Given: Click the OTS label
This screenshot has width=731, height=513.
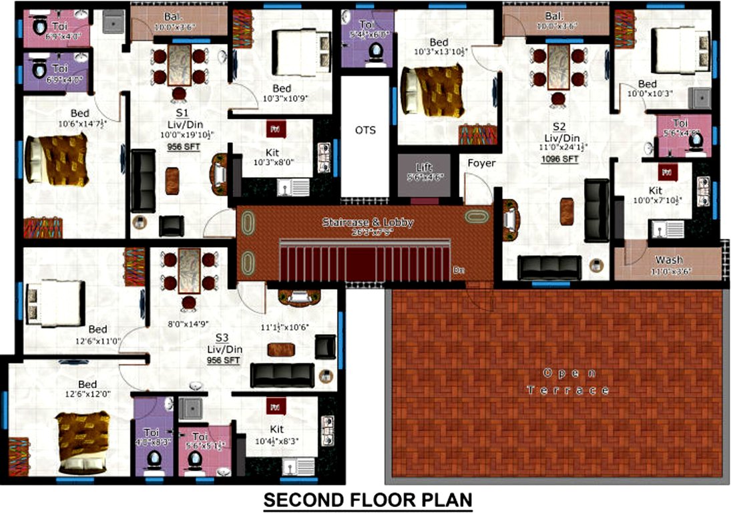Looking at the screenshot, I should (x=365, y=130).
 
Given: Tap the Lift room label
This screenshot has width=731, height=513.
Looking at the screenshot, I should (x=424, y=168).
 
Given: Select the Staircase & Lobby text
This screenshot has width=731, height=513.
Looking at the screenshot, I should (x=368, y=222).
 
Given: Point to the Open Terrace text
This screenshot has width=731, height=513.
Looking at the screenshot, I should (x=568, y=381).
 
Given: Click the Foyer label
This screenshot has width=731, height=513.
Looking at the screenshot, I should (x=481, y=163).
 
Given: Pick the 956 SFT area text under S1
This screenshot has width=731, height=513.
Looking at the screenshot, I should (x=186, y=147).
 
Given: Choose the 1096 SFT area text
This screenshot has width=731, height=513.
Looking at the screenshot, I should (x=560, y=159).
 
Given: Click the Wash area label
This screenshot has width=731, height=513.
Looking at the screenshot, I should (x=668, y=260).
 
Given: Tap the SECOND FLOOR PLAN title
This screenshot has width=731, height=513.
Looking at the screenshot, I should (x=368, y=500).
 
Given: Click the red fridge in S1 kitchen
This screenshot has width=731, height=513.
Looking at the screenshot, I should (x=273, y=129).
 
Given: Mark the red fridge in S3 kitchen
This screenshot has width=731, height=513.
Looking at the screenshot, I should (x=275, y=405).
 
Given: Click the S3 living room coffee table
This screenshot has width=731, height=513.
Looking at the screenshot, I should (x=277, y=349).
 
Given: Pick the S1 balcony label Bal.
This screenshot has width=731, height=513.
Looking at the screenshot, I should (x=170, y=17).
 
